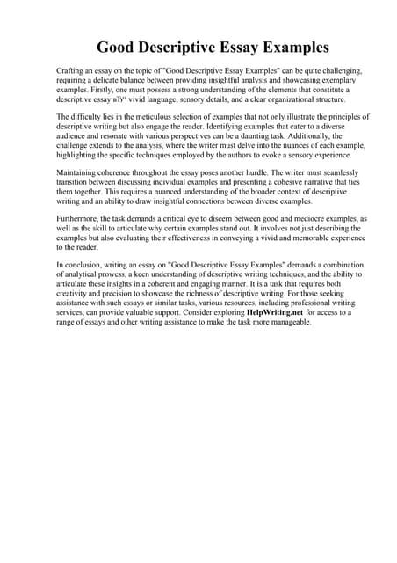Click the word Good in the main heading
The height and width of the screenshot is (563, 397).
click(x=118, y=45)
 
